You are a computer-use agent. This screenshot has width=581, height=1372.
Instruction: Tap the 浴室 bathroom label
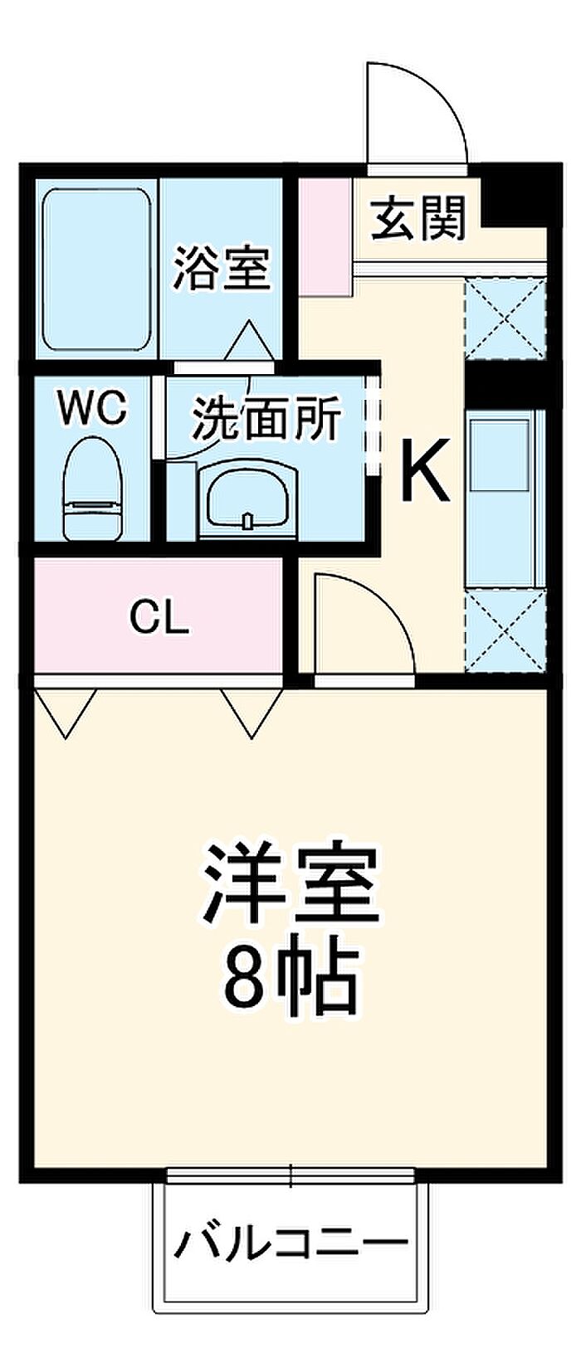pyautogui.click(x=222, y=267)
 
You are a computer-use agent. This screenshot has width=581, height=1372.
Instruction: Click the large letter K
pyautogui.click(x=425, y=469)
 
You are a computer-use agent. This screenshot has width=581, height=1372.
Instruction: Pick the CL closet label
pyautogui.click(x=159, y=618)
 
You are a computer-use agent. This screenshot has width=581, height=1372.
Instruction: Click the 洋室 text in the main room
pyautogui.click(x=291, y=884)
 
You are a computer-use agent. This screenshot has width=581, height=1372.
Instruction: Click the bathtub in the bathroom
pyautogui.click(x=96, y=270)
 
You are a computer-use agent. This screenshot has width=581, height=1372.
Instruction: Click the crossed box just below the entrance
pyautogui.click(x=505, y=318)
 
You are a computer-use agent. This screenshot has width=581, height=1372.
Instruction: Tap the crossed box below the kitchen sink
pyautogui.click(x=505, y=629)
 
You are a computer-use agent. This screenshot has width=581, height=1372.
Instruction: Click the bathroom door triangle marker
pyautogui.click(x=249, y=341)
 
